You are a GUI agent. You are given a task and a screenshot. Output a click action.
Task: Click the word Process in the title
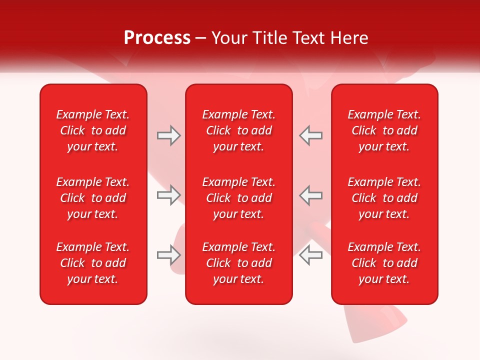coord(157,38)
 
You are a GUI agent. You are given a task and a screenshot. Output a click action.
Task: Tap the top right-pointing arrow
coord(168,135)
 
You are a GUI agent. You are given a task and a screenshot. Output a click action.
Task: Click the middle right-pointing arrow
coord(168,195)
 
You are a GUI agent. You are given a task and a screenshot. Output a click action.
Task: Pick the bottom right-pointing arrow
coord(168,254)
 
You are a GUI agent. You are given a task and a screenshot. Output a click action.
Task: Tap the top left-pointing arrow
coord(311,135)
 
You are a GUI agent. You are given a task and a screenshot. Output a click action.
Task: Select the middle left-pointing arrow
coord(311,195)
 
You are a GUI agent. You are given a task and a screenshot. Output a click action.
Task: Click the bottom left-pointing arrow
coord(311,254)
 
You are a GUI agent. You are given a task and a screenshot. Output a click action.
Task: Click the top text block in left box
coord(93,130)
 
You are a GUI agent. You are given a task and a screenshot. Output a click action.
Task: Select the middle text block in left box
coord(93,198)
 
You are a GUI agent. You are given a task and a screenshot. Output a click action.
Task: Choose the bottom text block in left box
coord(93,263)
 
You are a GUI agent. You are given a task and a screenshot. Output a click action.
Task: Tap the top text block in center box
coord(238,130)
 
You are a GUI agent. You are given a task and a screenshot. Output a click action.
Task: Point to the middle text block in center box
coord(238,198)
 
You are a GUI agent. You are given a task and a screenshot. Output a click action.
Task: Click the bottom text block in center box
coord(238,263)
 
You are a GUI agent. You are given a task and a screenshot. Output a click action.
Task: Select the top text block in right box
coord(384,130)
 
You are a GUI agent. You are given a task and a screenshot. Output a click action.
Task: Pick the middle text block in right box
coord(384,198)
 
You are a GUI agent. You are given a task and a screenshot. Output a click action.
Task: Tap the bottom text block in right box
coord(384,263)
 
